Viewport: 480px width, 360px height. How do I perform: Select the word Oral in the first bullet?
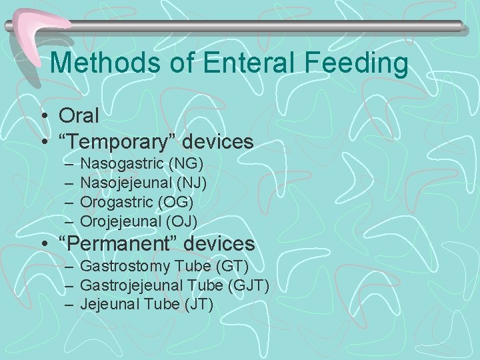click(79, 115)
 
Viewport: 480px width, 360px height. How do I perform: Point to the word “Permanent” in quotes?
click(109, 244)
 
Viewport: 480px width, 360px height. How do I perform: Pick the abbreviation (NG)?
click(186, 163)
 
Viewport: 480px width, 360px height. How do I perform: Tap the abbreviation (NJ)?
click(190, 182)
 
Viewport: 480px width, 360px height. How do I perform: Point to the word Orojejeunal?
click(121, 220)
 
